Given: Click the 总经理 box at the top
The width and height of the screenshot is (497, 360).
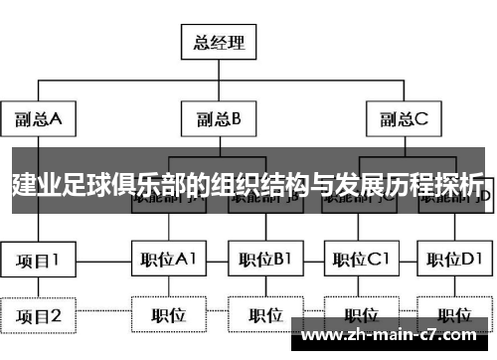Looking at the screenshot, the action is (x=220, y=43).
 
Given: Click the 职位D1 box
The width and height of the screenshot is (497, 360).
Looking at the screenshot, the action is (x=453, y=262).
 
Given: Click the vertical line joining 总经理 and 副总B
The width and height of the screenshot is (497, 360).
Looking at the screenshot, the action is (x=220, y=80).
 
